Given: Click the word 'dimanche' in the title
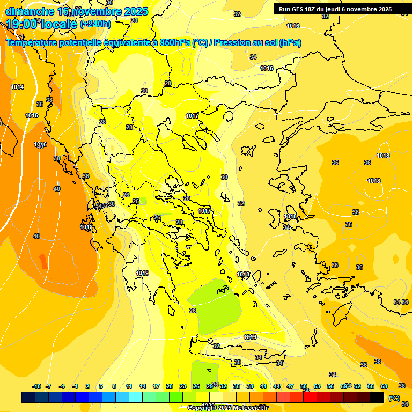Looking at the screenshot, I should (x=30, y=11).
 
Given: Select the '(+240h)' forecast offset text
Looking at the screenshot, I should (x=95, y=24).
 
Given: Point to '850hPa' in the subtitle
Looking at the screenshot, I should (x=174, y=43).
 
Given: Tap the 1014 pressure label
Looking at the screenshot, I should (x=17, y=87).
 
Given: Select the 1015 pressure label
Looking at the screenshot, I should (x=32, y=115).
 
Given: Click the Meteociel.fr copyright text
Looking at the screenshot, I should (x=227, y=408).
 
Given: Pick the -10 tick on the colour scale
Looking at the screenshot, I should (x=37, y=386).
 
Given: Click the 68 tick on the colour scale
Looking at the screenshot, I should (x=384, y=386).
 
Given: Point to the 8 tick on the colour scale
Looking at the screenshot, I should (x=114, y=386).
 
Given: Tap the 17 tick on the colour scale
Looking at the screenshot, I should (x=156, y=386).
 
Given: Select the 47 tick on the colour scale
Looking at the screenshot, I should (x=290, y=386).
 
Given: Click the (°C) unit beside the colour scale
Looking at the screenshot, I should (x=394, y=398).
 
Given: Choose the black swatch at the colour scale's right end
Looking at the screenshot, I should (x=377, y=398).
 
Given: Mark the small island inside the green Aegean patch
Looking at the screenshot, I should (x=221, y=291).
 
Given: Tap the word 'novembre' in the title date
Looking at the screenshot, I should (x=97, y=11).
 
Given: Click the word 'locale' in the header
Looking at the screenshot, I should (x=60, y=24).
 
